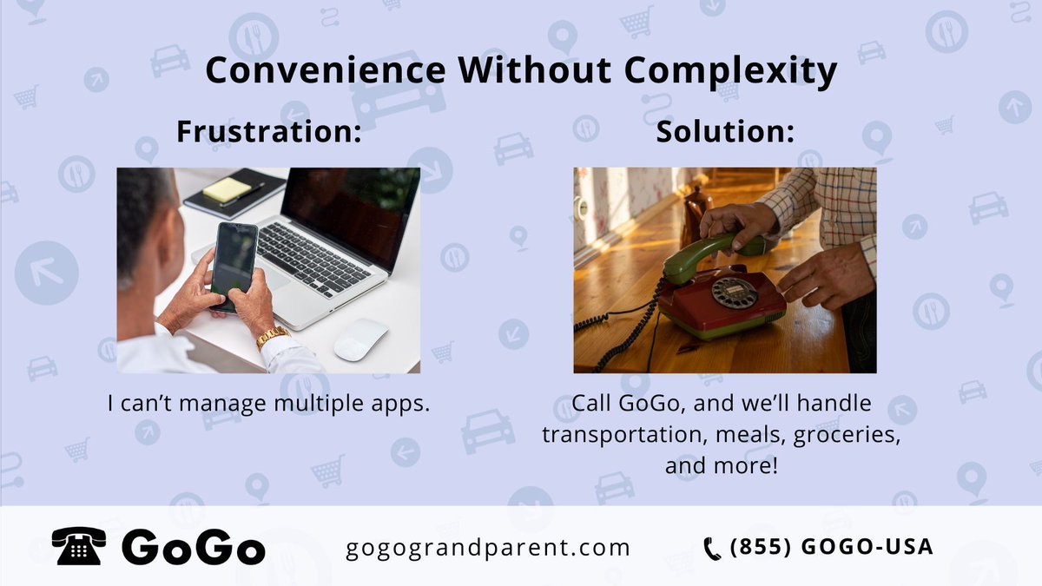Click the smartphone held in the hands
pyautogui.click(x=234, y=260)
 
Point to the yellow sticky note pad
pyautogui.click(x=228, y=190)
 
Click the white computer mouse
pyautogui.click(x=360, y=339)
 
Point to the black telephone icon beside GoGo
pyautogui.click(x=79, y=547)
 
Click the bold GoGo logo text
pyautogui.click(x=194, y=547)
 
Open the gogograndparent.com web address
pyautogui.click(x=487, y=548)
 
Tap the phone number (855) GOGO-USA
pyautogui.click(x=831, y=547)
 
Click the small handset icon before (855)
pyautogui.click(x=712, y=548)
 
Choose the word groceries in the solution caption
pyautogui.click(x=843, y=434)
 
